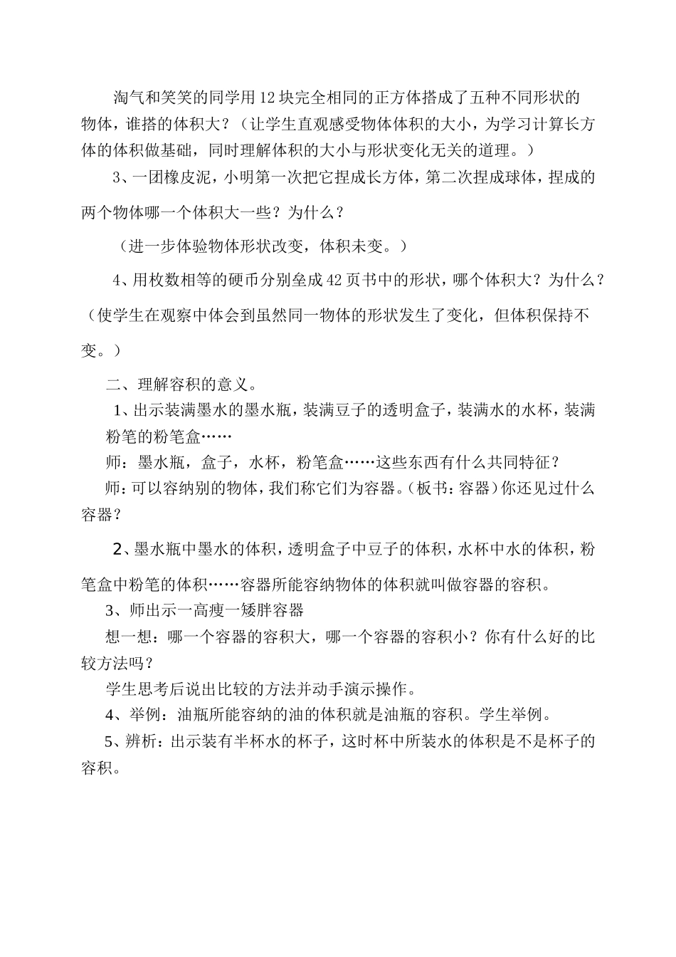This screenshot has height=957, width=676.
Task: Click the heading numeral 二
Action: (113, 385)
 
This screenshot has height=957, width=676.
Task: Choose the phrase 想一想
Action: (129, 637)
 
